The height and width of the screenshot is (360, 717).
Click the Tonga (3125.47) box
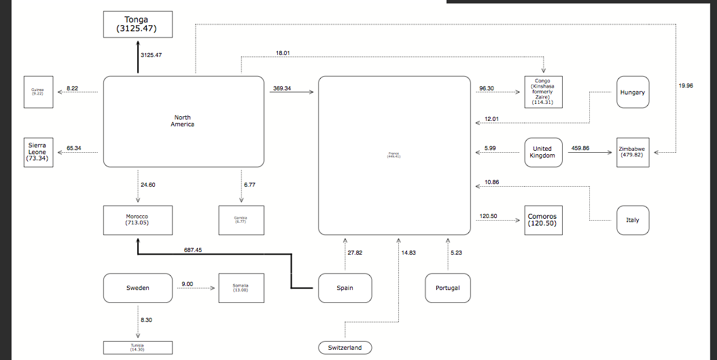coord(137,24)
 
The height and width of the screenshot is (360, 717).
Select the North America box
coord(183,122)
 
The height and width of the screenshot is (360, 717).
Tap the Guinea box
coord(38,92)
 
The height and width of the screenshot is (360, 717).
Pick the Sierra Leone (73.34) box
coord(38,152)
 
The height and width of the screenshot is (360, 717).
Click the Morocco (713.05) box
coord(137,219)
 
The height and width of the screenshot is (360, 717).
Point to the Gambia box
coord(241,219)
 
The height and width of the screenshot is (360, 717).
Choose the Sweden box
coord(137,288)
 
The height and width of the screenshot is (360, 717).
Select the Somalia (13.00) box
coord(241,288)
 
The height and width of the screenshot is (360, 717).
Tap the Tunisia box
coord(137,347)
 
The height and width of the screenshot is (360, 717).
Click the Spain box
coord(345,288)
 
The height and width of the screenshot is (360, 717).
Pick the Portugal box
coord(447,288)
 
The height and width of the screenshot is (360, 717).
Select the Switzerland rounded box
coord(345,348)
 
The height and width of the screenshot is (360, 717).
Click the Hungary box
coord(632,92)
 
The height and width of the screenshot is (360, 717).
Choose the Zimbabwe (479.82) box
coord(632,152)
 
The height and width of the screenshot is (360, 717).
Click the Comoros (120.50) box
coord(544,220)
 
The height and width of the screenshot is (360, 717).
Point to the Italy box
coord(632,220)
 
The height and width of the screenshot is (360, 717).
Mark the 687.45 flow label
coord(193,250)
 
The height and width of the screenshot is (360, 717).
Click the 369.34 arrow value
coord(282,88)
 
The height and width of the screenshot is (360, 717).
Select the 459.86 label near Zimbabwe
coord(581,148)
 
